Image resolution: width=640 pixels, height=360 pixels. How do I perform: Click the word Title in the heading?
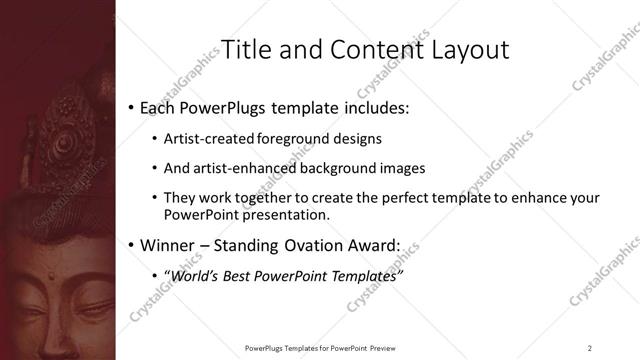244,49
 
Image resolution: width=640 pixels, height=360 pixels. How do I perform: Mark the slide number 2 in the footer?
590,346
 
